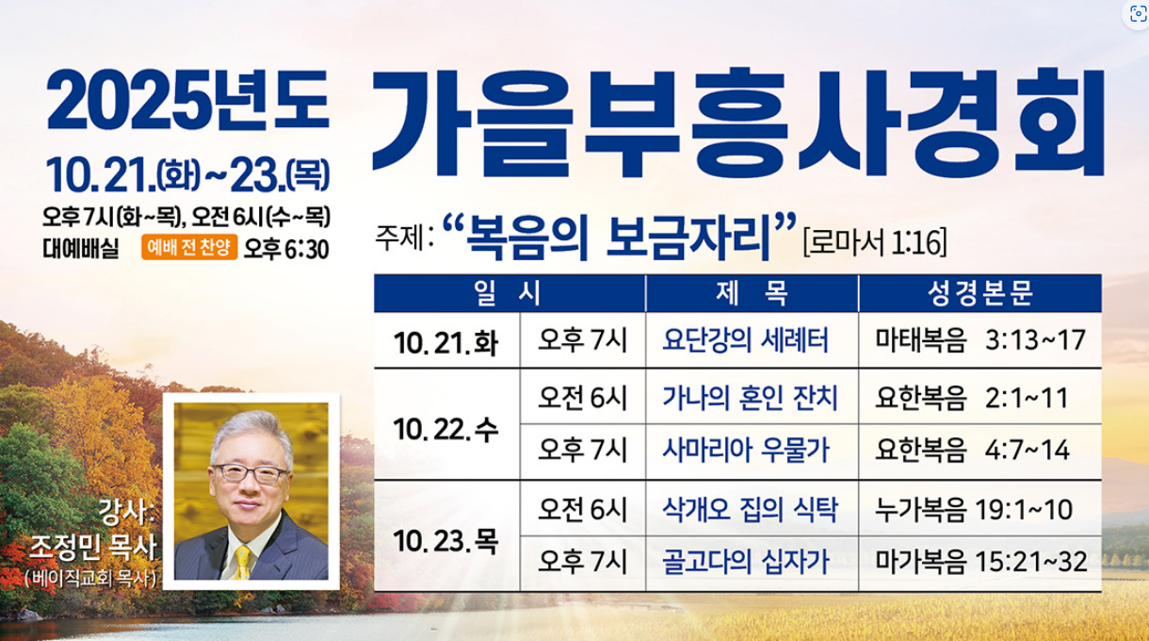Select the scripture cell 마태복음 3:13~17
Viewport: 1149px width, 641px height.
coord(980,339)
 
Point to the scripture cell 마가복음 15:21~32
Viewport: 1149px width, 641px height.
coord(980,562)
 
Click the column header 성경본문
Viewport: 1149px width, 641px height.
coord(979,293)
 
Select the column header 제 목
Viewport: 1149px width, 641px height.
coord(752,293)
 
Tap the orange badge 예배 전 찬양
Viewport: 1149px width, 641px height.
coord(189,247)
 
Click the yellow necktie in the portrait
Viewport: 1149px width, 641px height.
coord(242,563)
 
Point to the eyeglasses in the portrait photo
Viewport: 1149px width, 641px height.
coord(251,473)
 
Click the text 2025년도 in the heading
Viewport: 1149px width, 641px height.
coord(187,100)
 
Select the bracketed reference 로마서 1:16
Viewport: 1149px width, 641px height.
coord(875,242)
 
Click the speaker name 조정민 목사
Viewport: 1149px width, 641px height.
coord(92,547)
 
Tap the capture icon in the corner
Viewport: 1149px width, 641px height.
coord(1138,14)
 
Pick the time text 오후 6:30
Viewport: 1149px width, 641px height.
coord(286,249)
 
